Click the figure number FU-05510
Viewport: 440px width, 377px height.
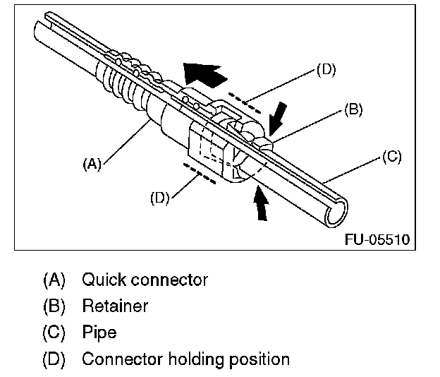(x=377, y=239)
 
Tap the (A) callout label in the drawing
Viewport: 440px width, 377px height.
(x=92, y=164)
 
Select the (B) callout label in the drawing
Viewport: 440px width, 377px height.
(x=353, y=109)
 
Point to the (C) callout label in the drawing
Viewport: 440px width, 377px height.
(x=392, y=157)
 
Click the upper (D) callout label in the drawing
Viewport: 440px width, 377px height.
(x=326, y=70)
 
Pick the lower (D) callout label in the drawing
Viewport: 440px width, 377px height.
(x=160, y=198)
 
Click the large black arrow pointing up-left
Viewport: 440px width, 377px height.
(x=204, y=73)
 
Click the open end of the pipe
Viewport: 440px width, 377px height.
(x=337, y=213)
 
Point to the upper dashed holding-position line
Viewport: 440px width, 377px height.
(x=244, y=103)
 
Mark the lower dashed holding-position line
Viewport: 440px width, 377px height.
(x=200, y=174)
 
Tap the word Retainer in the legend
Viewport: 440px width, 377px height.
(x=115, y=306)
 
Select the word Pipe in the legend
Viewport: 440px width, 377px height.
(x=99, y=333)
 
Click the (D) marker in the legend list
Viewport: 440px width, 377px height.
(x=54, y=359)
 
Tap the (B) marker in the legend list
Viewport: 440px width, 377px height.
(x=54, y=306)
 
